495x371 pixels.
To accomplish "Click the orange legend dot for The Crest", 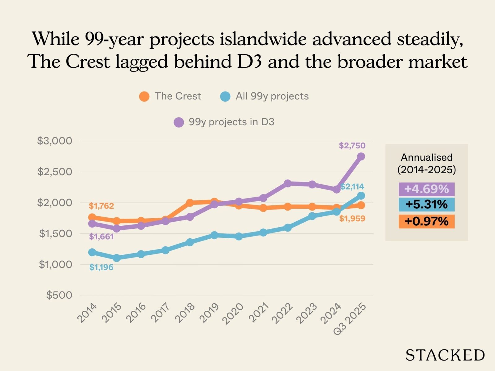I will [144, 96].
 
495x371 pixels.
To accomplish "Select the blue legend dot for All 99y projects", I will [225, 96].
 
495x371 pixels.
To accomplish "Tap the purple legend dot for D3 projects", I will [179, 122].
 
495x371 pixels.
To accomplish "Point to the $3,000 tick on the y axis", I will [54, 141].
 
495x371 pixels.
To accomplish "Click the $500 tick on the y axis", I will [59, 295].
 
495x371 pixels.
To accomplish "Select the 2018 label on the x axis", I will [185, 313].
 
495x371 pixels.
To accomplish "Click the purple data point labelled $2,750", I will [361, 156].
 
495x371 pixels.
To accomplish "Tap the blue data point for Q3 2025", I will [361, 196].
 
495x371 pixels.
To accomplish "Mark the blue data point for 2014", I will [92, 252].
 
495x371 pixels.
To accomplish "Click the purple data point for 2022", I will [288, 183].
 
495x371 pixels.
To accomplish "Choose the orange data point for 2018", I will [190, 203].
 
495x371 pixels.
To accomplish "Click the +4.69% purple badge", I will [426, 189].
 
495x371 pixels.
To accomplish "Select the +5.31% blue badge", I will [426, 205].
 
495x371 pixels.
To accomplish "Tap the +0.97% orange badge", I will [426, 221].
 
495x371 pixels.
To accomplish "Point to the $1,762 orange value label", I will [101, 206].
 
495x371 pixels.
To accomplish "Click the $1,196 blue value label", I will [101, 267].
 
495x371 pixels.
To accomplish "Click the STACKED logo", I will [445, 355].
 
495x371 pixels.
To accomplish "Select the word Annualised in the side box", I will [427, 157].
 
